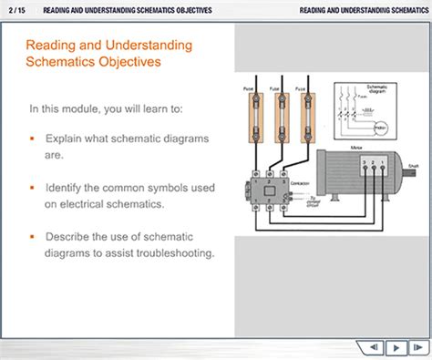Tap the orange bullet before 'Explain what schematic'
(32, 139)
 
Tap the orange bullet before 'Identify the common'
(32, 188)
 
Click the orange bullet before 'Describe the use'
(32, 236)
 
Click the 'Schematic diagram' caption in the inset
(375, 91)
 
